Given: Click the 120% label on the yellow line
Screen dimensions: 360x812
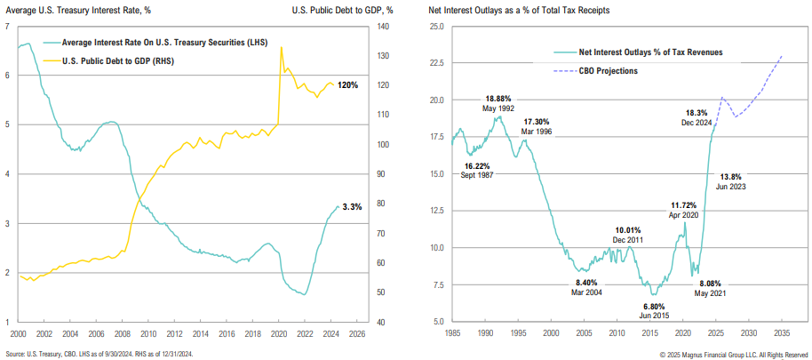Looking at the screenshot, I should coord(349,85).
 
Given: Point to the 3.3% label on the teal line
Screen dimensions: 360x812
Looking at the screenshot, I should coord(352,207).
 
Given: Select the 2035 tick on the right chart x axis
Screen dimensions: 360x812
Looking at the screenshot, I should coord(782,335).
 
